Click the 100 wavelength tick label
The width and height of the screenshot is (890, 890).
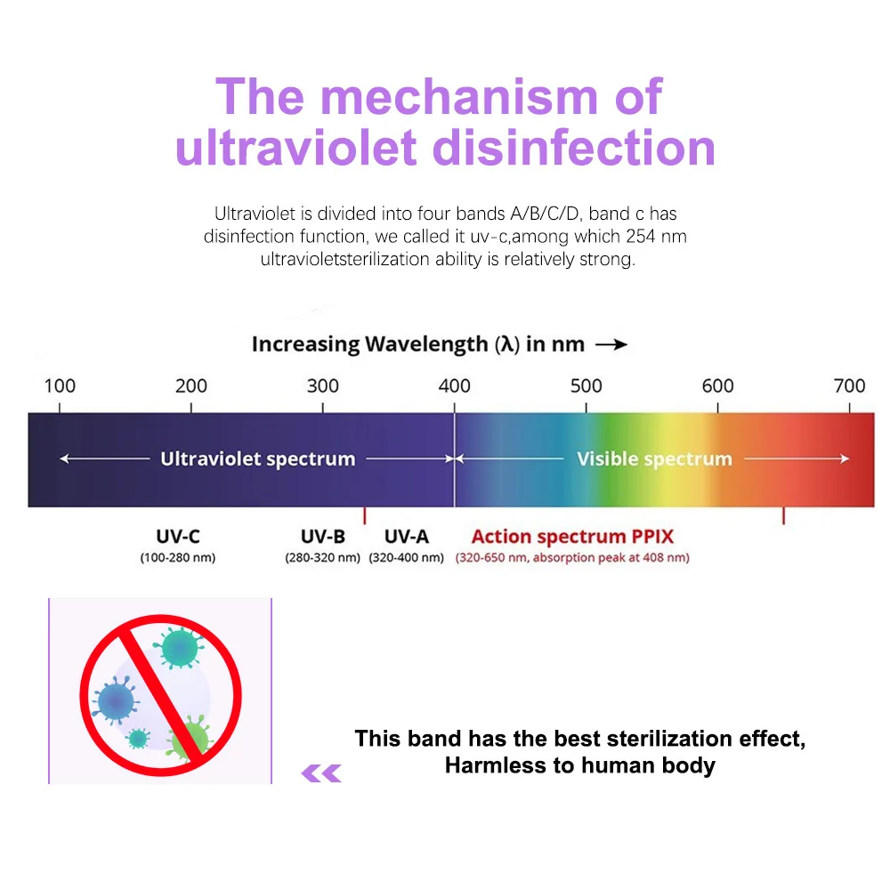(x=60, y=385)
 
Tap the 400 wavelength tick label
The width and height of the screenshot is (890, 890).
(x=455, y=385)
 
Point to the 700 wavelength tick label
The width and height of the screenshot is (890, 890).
(x=849, y=385)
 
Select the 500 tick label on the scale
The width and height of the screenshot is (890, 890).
(x=587, y=385)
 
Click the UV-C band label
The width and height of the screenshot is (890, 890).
(x=177, y=537)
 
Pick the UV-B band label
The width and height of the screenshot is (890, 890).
(x=322, y=537)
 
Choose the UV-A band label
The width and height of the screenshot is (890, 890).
(x=406, y=537)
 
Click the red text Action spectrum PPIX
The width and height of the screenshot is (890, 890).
(x=572, y=537)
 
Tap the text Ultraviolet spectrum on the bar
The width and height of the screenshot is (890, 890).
(x=257, y=459)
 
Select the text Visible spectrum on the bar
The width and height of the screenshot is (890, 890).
(x=654, y=459)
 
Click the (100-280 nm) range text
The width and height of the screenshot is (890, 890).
(x=177, y=558)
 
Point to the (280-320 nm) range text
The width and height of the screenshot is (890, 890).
(x=322, y=558)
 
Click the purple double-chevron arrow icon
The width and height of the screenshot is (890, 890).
(x=321, y=773)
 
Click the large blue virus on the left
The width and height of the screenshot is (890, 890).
(x=117, y=700)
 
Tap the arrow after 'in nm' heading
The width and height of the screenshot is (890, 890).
(x=611, y=344)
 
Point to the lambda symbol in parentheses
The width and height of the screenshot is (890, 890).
(x=508, y=344)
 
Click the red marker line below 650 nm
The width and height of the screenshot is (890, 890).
(x=783, y=516)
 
